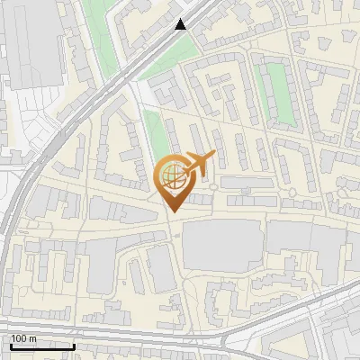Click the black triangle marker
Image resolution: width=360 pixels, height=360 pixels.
coord(182,24)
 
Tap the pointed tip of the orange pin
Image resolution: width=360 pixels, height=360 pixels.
coord(172,211)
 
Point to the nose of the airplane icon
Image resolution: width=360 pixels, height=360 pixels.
coord(213,155)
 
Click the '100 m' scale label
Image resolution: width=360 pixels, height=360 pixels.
coord(23,338)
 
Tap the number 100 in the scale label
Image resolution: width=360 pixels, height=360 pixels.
coord(19,338)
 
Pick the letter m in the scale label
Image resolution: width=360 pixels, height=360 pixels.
coord(32,338)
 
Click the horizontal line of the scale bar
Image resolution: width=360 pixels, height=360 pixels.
coord(41,346)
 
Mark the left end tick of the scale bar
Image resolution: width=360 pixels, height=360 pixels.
coord(10,345)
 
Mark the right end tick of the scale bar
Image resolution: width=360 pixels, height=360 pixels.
coord(74,345)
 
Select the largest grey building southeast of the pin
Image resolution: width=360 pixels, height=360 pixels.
coord(220,245)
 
